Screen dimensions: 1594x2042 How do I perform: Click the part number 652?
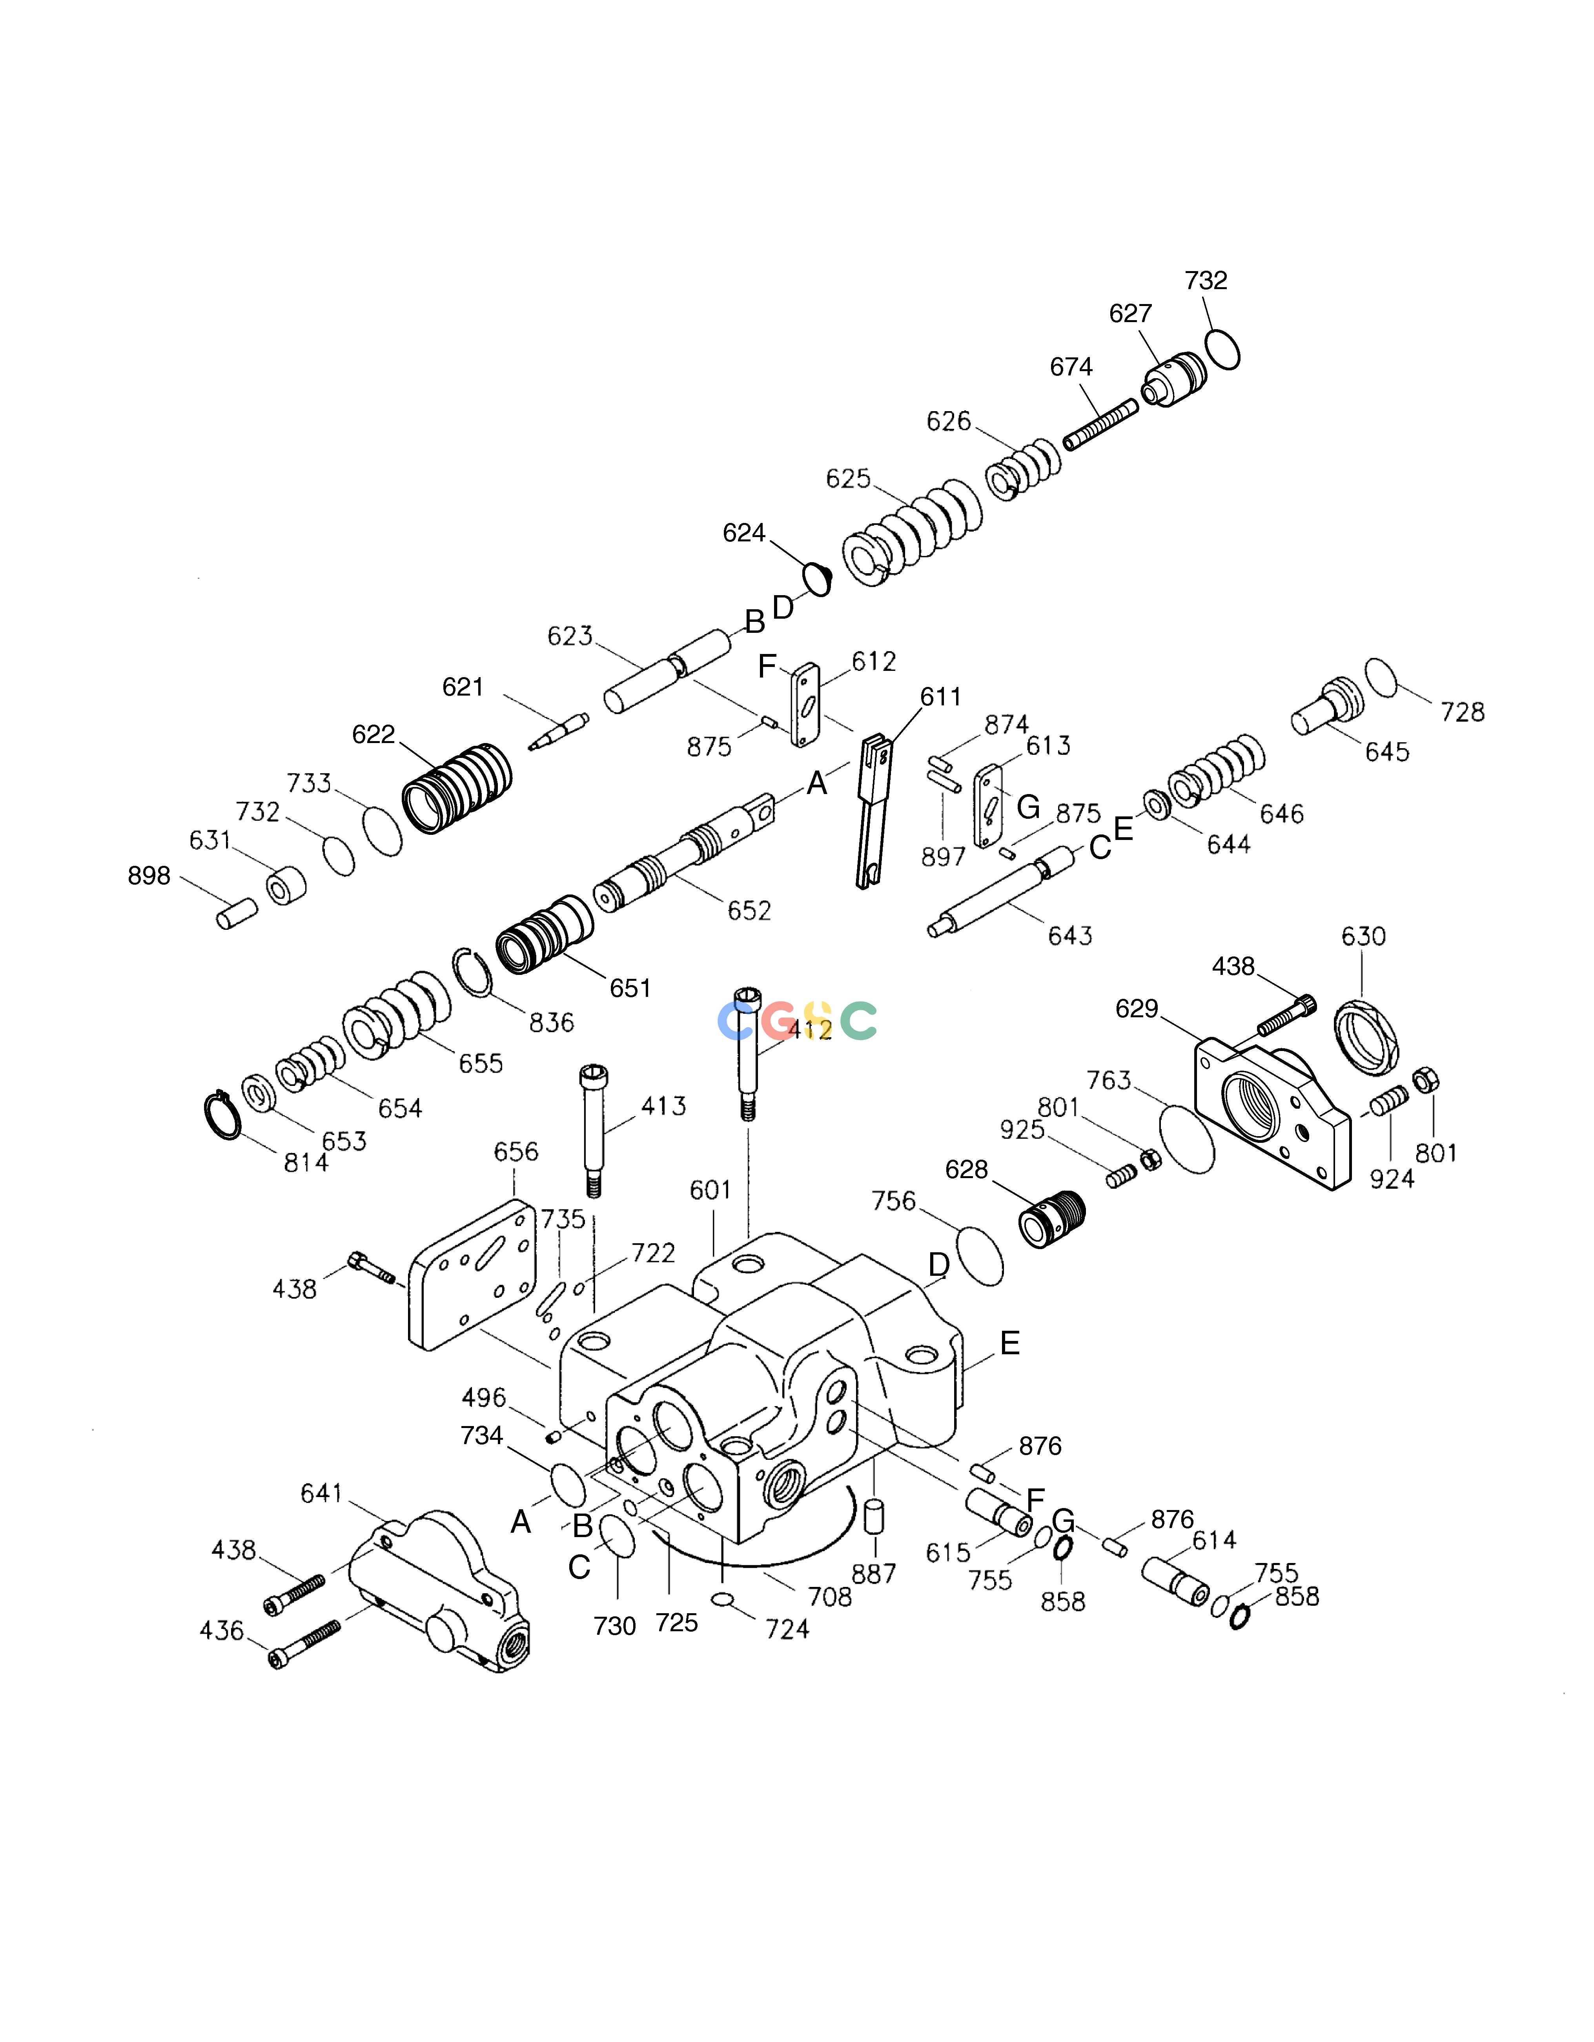coord(750,911)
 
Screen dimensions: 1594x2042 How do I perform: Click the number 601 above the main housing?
coord(710,1190)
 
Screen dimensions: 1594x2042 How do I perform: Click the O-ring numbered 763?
coord(1186,1139)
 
